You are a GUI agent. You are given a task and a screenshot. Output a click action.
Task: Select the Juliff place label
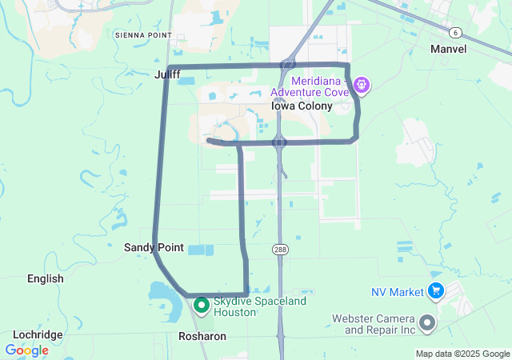[167, 75]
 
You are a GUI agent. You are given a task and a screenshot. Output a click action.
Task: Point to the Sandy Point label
[154, 248]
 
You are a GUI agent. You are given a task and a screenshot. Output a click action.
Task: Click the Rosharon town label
[202, 337]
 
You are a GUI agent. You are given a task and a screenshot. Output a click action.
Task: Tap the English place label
[45, 278]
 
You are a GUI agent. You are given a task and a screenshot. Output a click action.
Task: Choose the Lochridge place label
[38, 334]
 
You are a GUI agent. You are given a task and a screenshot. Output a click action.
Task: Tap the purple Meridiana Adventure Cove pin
[362, 83]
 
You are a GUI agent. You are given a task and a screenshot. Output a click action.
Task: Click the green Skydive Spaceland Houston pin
[202, 305]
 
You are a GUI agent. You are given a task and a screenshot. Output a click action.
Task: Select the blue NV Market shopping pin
[436, 290]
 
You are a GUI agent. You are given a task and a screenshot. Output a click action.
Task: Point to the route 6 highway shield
[455, 32]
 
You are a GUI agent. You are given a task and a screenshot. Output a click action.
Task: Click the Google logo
[26, 350]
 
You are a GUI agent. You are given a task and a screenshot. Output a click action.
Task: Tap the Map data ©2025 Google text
[462, 354]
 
